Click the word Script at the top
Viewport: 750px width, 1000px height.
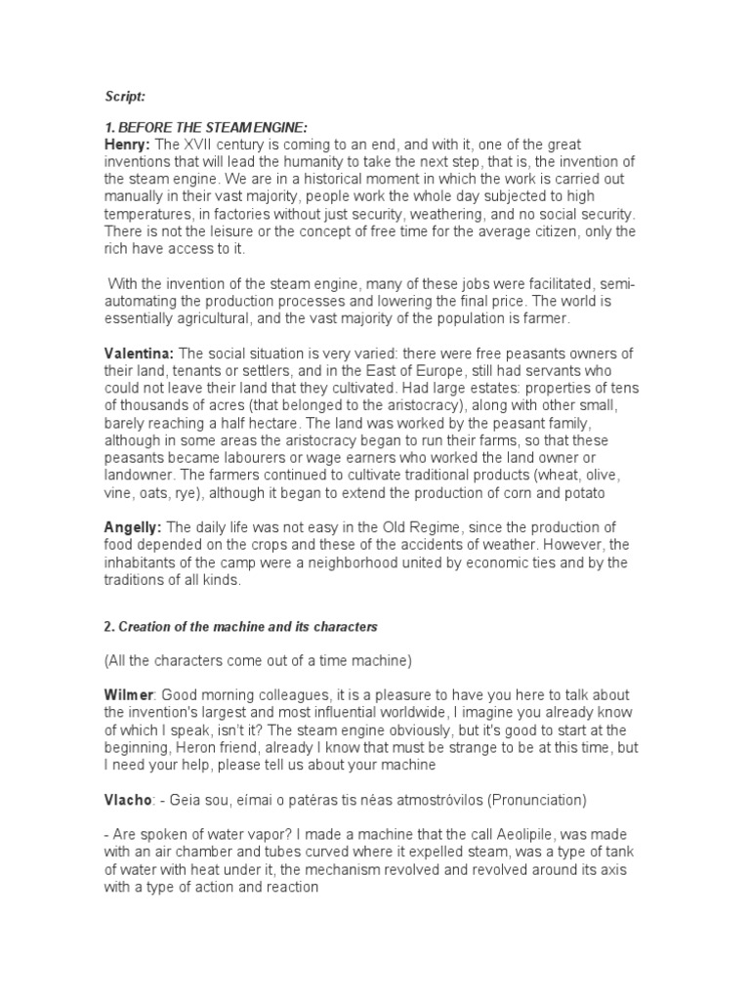click(x=125, y=96)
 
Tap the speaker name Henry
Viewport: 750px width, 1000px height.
click(x=127, y=145)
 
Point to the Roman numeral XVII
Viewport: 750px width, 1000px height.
click(x=203, y=145)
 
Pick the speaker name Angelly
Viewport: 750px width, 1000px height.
click(x=133, y=528)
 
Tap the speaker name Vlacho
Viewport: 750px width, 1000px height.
click(x=128, y=800)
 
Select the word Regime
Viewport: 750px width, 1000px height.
click(x=440, y=528)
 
